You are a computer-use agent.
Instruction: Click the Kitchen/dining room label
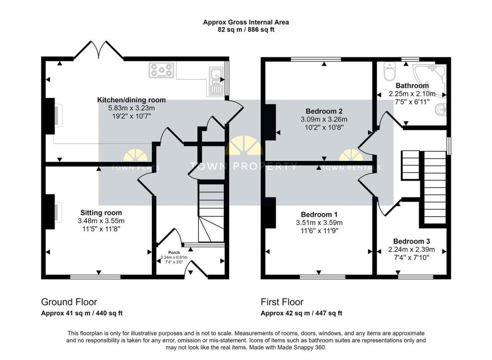point(131,100)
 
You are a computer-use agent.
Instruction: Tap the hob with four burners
point(161,71)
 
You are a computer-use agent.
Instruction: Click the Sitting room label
point(101,212)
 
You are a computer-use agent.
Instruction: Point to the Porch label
point(173,252)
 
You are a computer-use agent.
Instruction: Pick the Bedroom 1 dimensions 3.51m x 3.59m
point(321,223)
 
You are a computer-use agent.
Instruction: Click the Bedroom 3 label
point(411,241)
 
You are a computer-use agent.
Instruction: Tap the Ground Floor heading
point(69,302)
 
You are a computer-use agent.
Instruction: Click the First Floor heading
point(282,302)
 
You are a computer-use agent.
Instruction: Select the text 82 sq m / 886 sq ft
point(246,29)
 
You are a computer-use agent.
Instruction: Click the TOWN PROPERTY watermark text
point(244,166)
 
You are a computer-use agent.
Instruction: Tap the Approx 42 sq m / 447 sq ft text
point(301,313)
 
